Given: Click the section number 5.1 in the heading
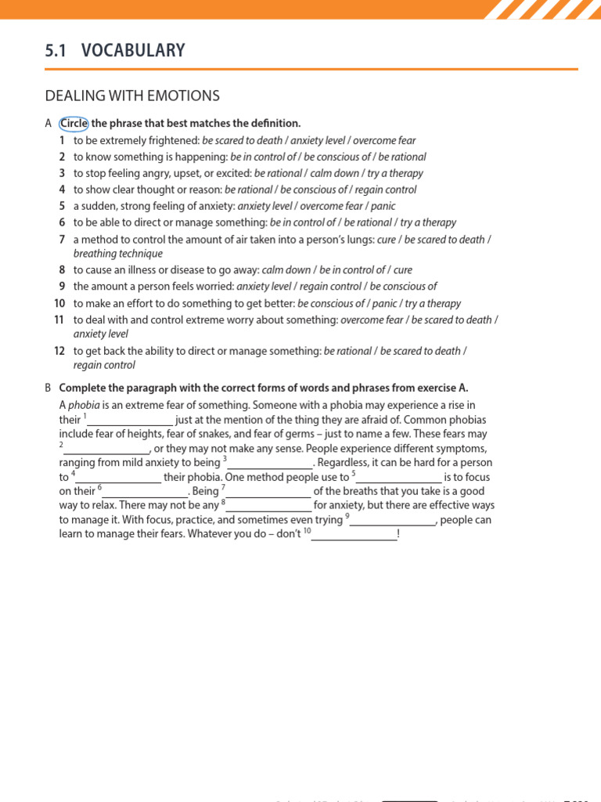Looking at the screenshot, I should [x=56, y=51].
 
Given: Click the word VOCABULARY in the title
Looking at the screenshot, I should [x=133, y=51].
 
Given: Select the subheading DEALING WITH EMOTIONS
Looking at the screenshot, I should [x=132, y=96].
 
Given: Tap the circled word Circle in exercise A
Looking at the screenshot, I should [x=74, y=124].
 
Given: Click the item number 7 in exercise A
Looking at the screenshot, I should [x=62, y=239].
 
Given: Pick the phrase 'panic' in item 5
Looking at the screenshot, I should [x=383, y=206].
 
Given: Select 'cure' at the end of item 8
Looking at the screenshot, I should [x=403, y=270].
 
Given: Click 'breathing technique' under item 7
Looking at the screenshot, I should [x=118, y=254].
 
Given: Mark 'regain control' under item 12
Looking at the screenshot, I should [x=104, y=365].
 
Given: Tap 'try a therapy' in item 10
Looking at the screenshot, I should [x=433, y=303].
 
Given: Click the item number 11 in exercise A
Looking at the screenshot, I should [x=59, y=320].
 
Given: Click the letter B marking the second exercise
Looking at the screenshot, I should [x=48, y=388].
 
